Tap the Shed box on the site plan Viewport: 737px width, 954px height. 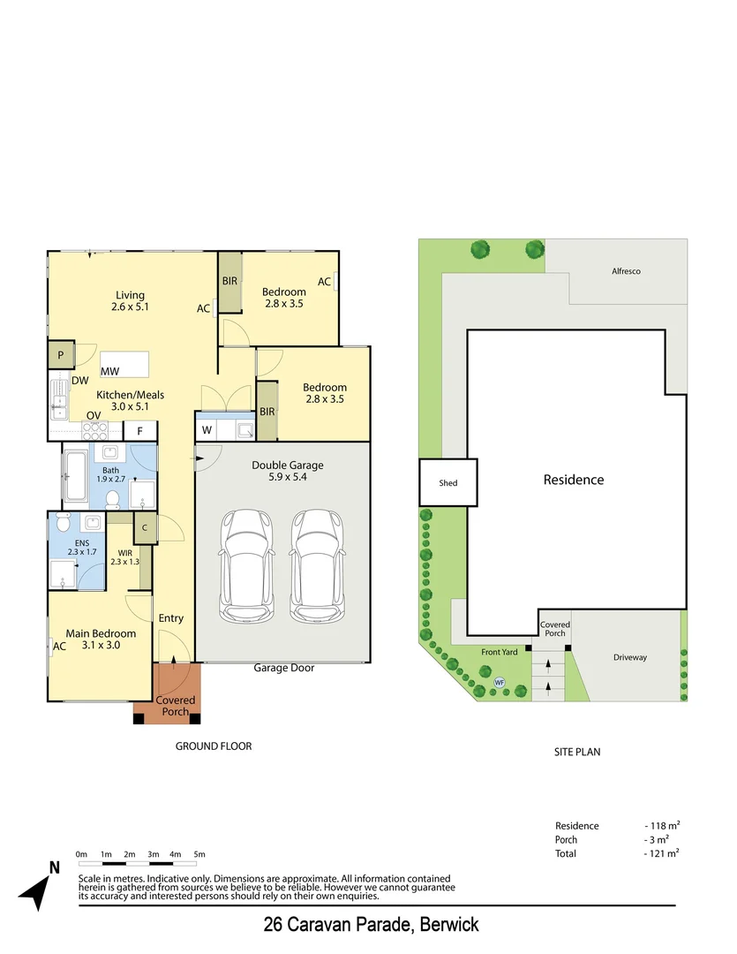(447, 483)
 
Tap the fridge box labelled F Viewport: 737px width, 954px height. (139, 431)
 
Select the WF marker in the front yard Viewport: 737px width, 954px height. (499, 682)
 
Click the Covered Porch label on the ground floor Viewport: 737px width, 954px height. (175, 706)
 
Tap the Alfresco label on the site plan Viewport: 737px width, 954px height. (626, 271)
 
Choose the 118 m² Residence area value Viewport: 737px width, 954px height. (661, 826)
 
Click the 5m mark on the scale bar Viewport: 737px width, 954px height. (199, 854)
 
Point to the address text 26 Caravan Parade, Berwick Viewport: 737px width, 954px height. (371, 925)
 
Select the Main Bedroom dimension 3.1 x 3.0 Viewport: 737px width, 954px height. (100, 646)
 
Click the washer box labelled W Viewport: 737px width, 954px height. (207, 430)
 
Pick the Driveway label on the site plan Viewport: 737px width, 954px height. (630, 657)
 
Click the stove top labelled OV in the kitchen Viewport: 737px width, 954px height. (94, 430)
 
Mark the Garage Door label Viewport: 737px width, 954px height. (283, 668)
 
